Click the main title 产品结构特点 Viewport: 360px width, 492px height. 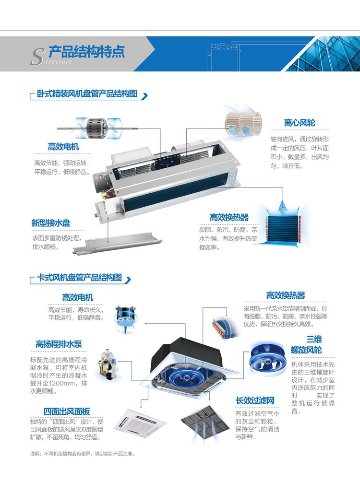87,51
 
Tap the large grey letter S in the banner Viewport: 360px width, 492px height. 36,57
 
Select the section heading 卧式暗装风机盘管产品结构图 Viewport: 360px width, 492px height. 87,94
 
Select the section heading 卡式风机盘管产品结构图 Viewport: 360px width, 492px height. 79,278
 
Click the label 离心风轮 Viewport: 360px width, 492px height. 300,123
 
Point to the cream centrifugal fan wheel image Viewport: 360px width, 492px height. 243,124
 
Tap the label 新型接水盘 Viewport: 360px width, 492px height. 50,223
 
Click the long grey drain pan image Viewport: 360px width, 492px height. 118,243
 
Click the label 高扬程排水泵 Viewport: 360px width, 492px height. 59,344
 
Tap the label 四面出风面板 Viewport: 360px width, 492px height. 67,411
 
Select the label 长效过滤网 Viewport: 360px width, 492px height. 255,400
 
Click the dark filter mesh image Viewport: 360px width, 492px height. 205,422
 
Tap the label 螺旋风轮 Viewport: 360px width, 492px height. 306,350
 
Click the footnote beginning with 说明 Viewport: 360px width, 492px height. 83,454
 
